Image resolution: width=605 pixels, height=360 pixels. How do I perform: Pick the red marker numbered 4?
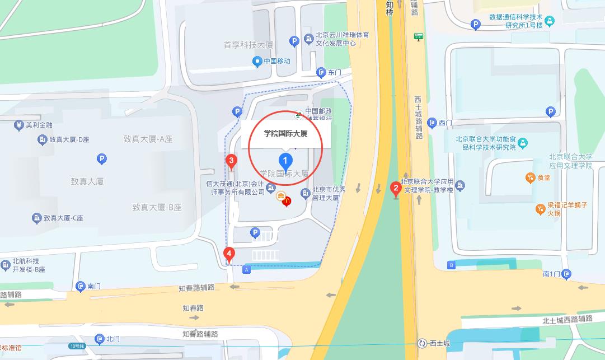(228, 255)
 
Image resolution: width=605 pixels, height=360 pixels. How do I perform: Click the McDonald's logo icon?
(287, 200)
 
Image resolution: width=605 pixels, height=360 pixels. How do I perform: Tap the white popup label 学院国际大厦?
(286, 134)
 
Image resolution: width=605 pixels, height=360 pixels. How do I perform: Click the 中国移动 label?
(276, 61)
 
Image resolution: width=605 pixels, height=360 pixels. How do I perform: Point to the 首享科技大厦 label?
(248, 45)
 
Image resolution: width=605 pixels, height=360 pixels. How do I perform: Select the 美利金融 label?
(39, 125)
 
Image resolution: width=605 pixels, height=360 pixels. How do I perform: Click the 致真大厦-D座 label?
(69, 139)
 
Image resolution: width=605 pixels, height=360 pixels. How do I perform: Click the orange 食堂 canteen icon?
(530, 178)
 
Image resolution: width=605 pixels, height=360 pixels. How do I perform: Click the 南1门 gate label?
(551, 274)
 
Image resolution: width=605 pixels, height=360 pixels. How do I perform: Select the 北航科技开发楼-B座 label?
(29, 265)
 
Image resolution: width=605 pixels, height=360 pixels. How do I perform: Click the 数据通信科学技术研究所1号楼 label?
(515, 21)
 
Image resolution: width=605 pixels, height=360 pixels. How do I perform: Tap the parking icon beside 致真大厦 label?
(101, 160)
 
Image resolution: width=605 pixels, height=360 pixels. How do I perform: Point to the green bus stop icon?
(418, 37)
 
